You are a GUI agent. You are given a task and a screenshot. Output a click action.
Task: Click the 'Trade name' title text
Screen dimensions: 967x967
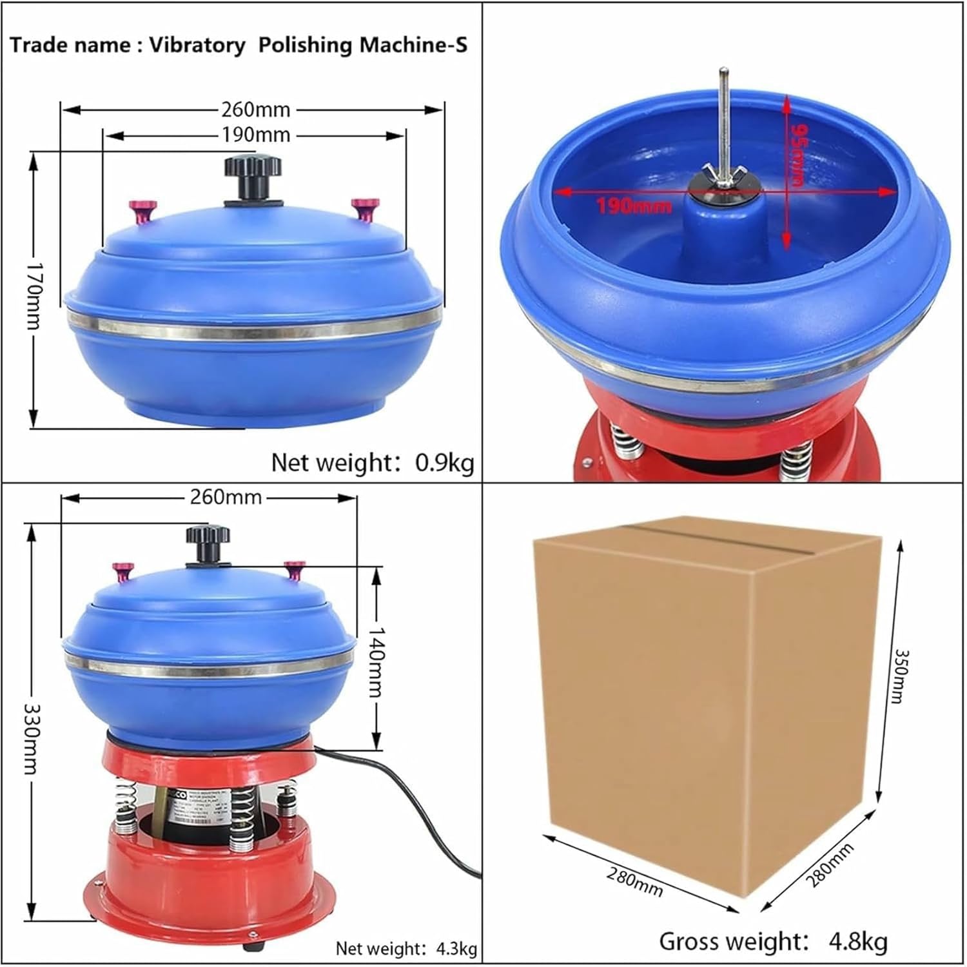(x=239, y=45)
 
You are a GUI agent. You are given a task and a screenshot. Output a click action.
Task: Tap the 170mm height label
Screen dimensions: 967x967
(x=32, y=295)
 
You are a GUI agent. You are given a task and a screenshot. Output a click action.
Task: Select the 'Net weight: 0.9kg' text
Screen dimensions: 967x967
(x=372, y=462)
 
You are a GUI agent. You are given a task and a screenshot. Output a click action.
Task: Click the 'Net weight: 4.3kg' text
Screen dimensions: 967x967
(x=406, y=948)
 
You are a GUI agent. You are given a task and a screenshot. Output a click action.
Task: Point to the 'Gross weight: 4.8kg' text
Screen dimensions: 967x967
(x=772, y=941)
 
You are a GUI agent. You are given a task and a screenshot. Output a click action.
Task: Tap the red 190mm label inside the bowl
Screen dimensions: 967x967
(x=633, y=206)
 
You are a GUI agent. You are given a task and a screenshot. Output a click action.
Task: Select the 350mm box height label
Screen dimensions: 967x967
(x=899, y=676)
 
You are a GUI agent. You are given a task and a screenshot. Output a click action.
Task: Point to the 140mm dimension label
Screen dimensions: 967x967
(x=375, y=661)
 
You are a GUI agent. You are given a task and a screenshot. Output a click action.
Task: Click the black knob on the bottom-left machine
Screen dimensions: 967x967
(x=208, y=542)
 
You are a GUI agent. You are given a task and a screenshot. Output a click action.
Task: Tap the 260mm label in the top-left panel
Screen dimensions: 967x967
(x=255, y=110)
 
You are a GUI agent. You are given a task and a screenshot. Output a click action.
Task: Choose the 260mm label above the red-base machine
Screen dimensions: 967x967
(x=226, y=497)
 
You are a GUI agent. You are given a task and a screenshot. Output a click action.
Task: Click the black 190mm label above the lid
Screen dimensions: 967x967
(x=255, y=135)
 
